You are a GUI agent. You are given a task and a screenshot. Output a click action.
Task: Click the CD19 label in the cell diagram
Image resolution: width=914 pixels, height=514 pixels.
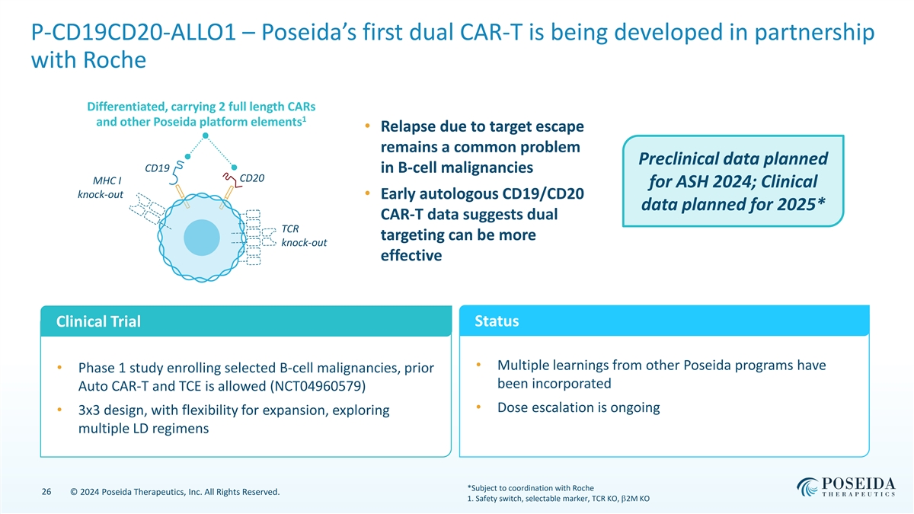pyautogui.click(x=157, y=168)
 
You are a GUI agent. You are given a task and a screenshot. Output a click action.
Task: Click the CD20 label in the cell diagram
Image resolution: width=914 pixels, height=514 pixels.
pyautogui.click(x=252, y=178)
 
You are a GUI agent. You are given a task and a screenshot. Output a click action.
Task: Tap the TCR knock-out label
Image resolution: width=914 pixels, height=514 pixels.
pyautogui.click(x=304, y=235)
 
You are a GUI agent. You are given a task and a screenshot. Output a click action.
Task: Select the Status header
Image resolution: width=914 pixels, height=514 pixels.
pyautogui.click(x=497, y=321)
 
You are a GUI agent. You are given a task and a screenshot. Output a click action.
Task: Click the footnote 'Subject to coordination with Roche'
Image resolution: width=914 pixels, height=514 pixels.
pyautogui.click(x=531, y=488)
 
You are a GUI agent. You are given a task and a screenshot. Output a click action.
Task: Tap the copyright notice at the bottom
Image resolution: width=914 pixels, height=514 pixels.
pyautogui.click(x=174, y=492)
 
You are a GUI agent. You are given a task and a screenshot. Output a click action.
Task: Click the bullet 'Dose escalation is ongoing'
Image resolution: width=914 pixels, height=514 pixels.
pyautogui.click(x=577, y=407)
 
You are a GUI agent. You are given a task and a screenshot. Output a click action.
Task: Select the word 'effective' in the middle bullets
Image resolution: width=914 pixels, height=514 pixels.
pyautogui.click(x=411, y=255)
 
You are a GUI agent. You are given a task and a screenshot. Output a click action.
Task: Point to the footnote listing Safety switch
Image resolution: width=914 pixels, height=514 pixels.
pyautogui.click(x=558, y=500)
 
